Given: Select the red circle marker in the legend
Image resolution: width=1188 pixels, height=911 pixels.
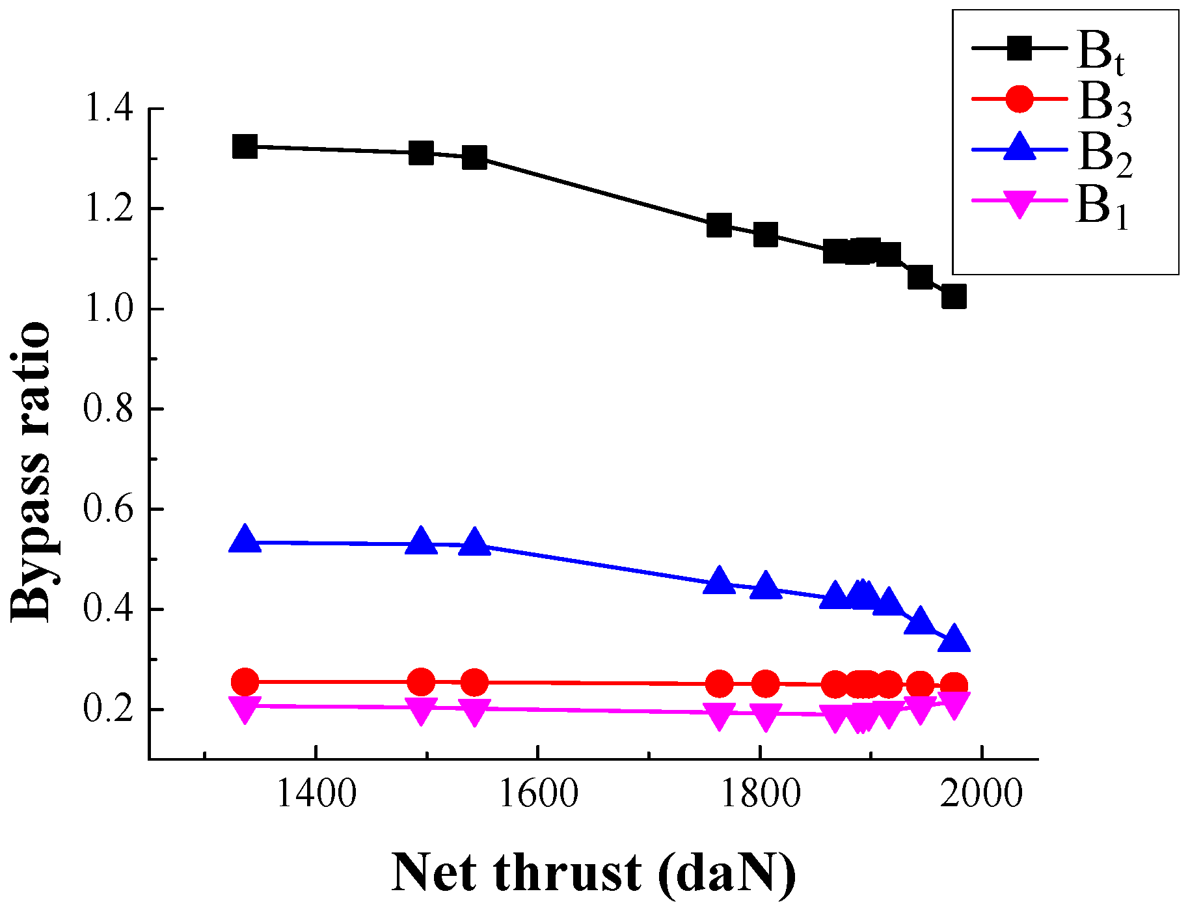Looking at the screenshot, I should pyautogui.click(x=1019, y=99).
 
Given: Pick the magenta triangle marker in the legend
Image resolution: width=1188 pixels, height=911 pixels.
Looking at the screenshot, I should pyautogui.click(x=1019, y=202).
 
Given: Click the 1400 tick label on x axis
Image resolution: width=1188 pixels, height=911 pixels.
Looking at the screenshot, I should pyautogui.click(x=316, y=795).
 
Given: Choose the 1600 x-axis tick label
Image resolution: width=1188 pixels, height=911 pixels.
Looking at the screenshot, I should pyautogui.click(x=537, y=795).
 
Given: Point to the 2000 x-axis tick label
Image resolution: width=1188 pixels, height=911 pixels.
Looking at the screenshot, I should pyautogui.click(x=982, y=795).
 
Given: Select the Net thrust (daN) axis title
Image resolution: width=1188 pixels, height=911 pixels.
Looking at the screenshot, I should pyautogui.click(x=593, y=873).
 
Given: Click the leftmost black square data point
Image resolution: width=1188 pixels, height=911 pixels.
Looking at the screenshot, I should pyautogui.click(x=245, y=146).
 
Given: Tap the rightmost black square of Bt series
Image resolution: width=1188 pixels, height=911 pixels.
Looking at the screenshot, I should pyautogui.click(x=954, y=297).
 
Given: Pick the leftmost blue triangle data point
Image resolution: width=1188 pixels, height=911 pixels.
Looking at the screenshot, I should pyautogui.click(x=245, y=540).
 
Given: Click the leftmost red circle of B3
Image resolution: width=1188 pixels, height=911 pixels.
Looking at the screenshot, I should pyautogui.click(x=245, y=682).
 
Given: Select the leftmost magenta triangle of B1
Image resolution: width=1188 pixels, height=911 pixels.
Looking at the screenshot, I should pyautogui.click(x=245, y=709).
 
